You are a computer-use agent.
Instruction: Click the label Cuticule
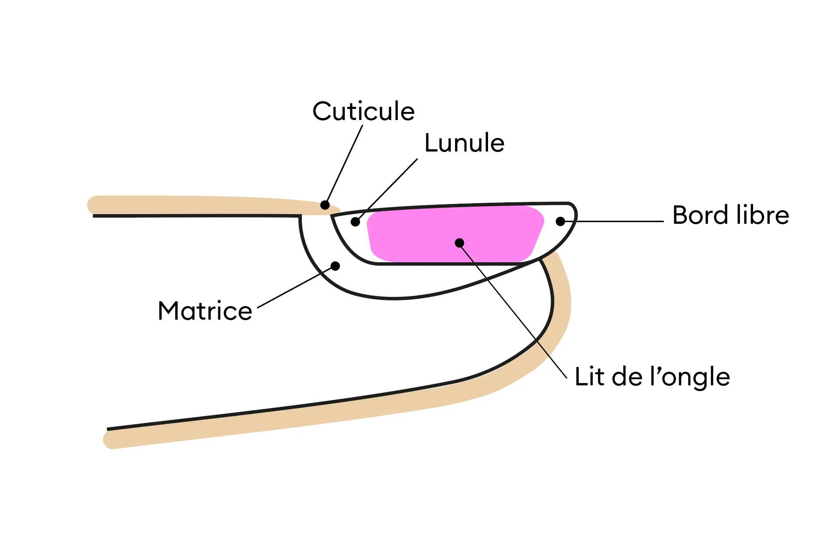(363, 111)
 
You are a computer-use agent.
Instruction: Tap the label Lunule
(464, 143)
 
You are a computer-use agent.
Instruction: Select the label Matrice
(205, 311)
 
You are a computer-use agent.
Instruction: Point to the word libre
(762, 215)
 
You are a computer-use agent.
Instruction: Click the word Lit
(589, 377)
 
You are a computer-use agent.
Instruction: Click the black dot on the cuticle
(325, 205)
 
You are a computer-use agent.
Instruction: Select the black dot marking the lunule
(355, 222)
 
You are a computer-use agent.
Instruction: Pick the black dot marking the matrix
(335, 266)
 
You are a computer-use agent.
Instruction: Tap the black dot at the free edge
(560, 222)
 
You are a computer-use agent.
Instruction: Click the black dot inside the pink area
(459, 243)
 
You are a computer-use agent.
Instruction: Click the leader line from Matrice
(294, 288)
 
